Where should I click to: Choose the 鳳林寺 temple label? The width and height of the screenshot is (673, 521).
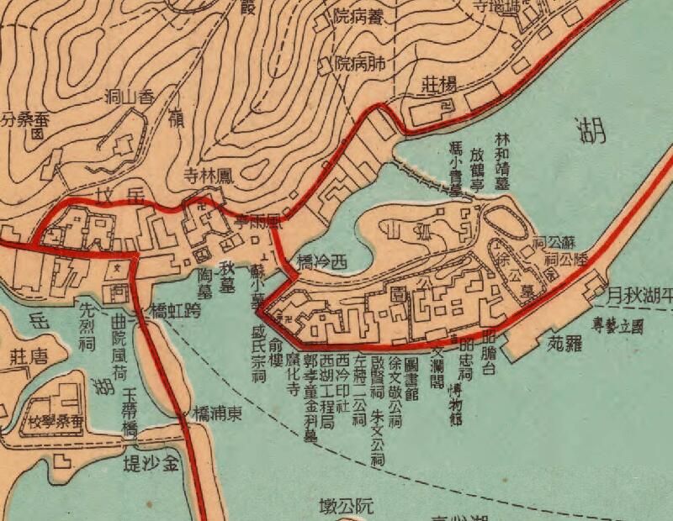pyautogui.click(x=213, y=176)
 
